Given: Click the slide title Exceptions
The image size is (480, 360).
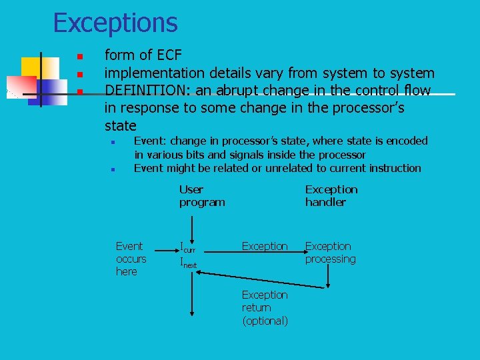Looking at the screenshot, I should click(x=115, y=23).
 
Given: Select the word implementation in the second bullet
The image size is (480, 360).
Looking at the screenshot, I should click(x=155, y=73).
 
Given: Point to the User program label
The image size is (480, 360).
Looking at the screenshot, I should click(x=202, y=196).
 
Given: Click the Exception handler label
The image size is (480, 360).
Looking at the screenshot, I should click(x=331, y=196).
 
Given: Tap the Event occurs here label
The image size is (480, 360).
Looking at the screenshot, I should click(x=131, y=259).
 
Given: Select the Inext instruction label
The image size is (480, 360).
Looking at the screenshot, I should click(x=189, y=263).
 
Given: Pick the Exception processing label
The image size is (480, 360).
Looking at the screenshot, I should click(x=330, y=253).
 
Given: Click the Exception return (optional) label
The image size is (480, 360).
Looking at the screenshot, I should click(x=265, y=307).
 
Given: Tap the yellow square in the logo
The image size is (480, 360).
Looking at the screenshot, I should click(x=31, y=67).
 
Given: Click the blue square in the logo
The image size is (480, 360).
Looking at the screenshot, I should click(x=47, y=92).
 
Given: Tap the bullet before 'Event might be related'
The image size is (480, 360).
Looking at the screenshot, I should click(x=113, y=170).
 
